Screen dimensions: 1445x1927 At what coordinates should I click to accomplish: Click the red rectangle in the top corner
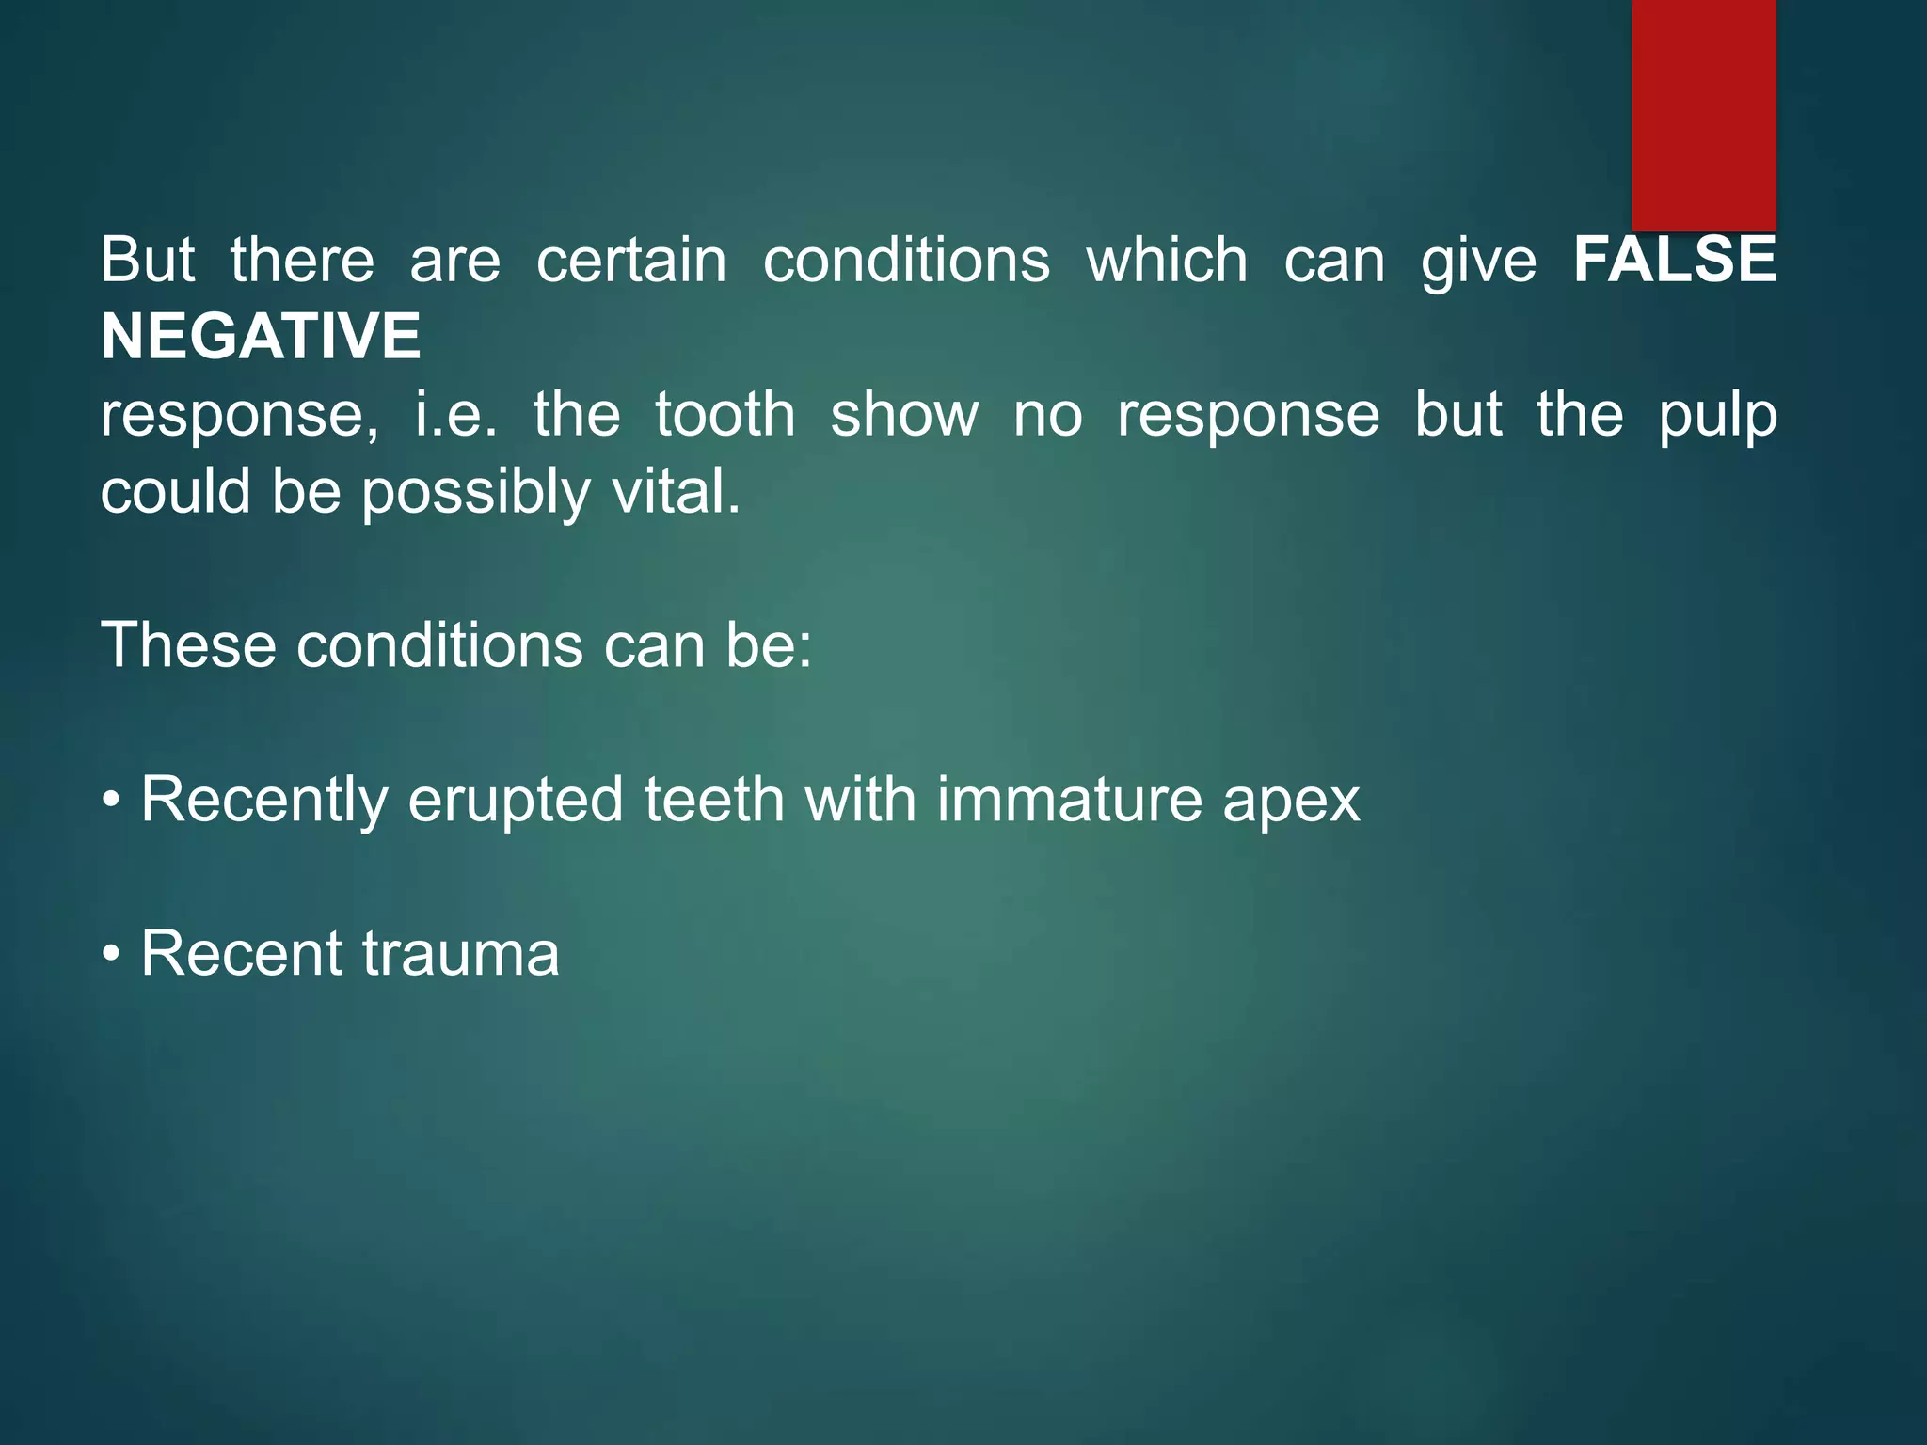(1703, 115)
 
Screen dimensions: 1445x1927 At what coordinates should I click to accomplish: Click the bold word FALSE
(1675, 260)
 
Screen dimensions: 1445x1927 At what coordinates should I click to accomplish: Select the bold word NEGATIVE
(261, 337)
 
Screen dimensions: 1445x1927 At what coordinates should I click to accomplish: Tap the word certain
(631, 260)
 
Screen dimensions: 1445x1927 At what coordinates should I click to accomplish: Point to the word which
(1167, 260)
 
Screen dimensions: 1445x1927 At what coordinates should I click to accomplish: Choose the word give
(1478, 262)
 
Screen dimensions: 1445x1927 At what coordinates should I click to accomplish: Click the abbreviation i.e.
(456, 414)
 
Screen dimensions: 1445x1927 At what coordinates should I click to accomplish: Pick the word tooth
(725, 414)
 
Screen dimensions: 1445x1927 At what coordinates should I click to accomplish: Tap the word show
(904, 414)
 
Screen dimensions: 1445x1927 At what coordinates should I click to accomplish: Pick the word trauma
(460, 954)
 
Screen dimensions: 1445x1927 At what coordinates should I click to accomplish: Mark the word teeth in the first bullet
(714, 800)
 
